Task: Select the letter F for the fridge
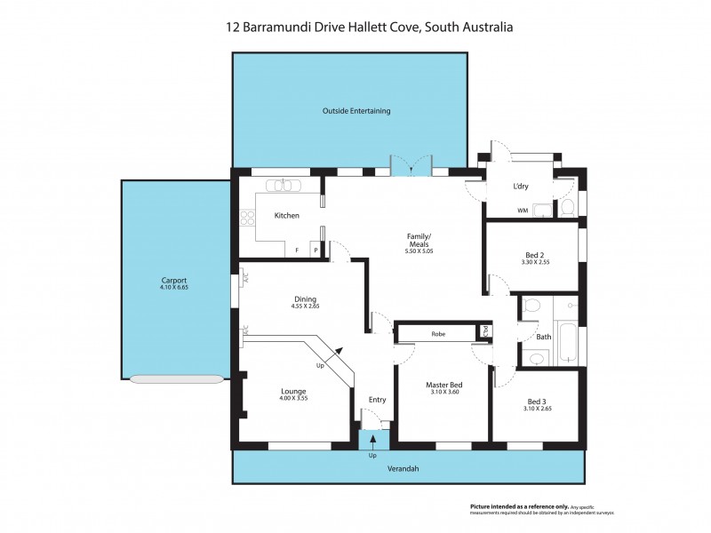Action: coord(297,251)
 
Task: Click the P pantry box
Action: coord(315,251)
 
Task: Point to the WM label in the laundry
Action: coord(522,211)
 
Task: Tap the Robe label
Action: coord(438,334)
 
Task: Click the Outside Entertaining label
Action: coord(356,111)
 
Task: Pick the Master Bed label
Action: coord(442,384)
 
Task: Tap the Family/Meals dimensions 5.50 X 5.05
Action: coord(419,252)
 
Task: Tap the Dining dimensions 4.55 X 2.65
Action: coord(305,306)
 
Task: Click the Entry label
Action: coord(377,399)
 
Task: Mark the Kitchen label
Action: coord(286,216)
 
